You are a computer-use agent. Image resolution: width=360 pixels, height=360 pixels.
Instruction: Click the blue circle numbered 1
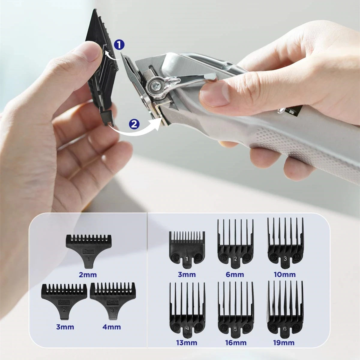point(119,45)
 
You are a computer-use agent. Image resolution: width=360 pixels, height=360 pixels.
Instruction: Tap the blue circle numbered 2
point(134,124)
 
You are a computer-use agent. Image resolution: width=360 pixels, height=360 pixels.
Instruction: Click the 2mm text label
point(88,274)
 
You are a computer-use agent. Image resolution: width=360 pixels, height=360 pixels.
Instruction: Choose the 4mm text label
point(112,327)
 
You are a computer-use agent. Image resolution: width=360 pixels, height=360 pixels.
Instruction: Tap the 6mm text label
point(235,274)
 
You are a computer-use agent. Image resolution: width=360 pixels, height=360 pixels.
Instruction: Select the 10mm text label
point(285,274)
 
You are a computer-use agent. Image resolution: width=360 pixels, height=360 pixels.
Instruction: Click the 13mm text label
point(187,343)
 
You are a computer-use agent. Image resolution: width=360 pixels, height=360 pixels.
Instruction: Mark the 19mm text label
point(284,343)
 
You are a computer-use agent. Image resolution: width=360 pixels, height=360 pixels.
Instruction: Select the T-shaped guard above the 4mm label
point(113,300)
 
